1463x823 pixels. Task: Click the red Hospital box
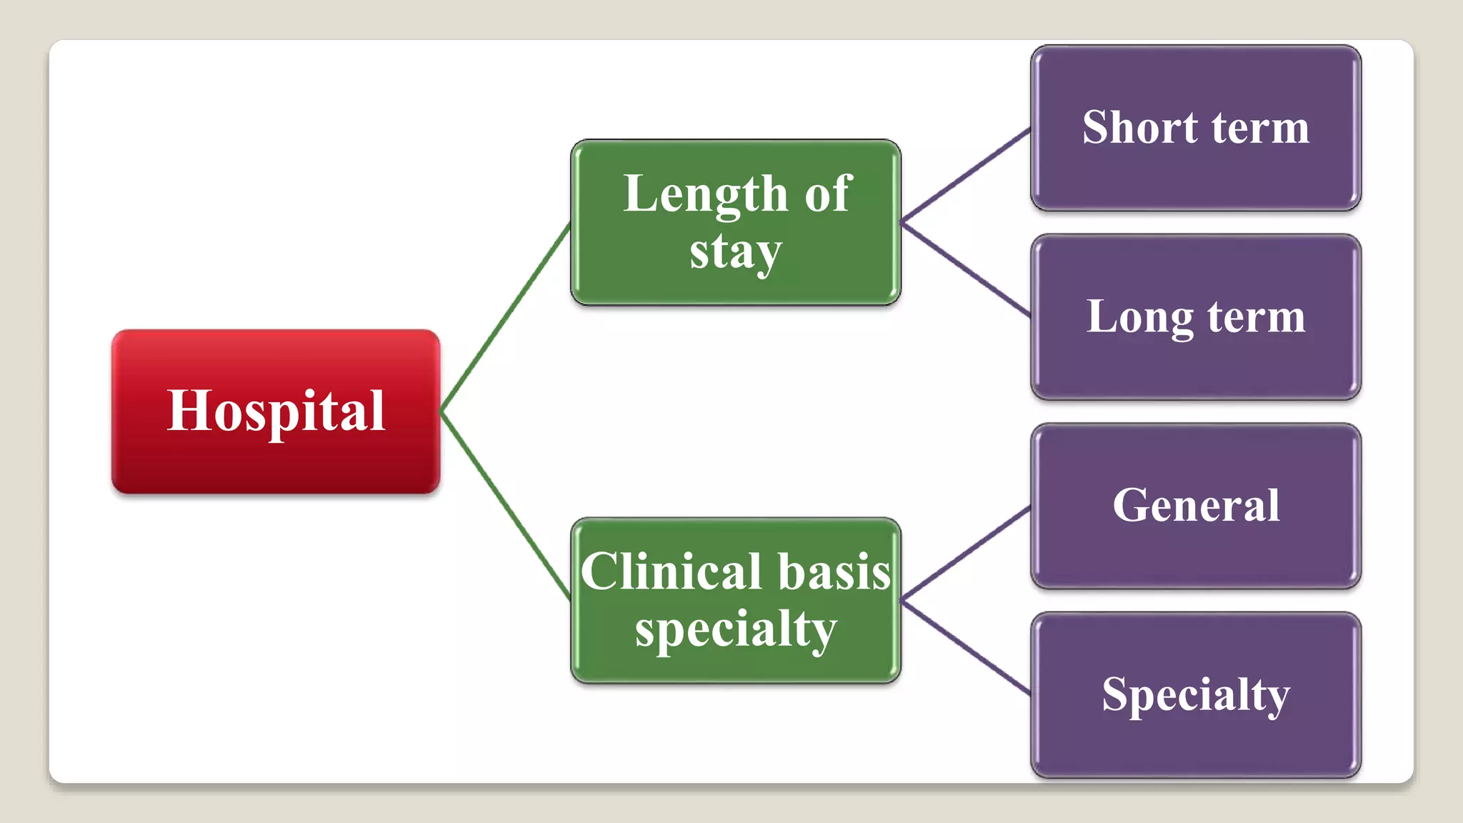coord(276,411)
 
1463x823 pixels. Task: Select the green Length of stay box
coord(736,222)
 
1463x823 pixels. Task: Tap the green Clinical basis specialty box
coord(736,601)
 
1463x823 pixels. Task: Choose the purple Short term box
coord(1195,128)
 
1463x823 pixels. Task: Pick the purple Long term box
coord(1195,317)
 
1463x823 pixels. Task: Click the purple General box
coord(1195,506)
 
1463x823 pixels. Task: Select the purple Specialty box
coord(1195,695)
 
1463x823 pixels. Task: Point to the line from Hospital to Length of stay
coord(506,319)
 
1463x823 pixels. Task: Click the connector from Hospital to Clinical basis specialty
coord(506,506)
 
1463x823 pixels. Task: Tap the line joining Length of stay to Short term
coord(966,174)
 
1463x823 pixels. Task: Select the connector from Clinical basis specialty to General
coord(966,554)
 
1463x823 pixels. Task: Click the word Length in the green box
coord(705,194)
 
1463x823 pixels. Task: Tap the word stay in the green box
coord(736,251)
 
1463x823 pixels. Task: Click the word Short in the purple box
coord(1139,128)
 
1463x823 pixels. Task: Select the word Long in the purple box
coord(1139,317)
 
